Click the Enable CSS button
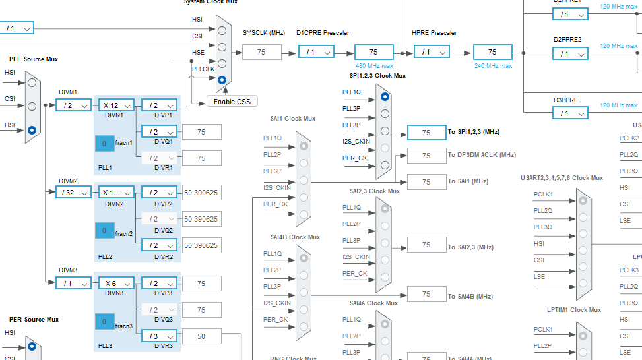pos(232,101)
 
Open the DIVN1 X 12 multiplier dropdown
pos(117,105)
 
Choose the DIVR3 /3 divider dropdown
pos(159,336)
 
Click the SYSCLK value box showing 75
pos(261,52)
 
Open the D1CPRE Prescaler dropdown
pos(317,52)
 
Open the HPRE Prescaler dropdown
pos(432,52)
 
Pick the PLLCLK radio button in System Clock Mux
pos(222,80)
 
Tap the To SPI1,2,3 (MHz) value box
pos(426,133)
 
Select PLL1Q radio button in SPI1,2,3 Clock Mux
pos(385,96)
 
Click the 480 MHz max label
pos(374,66)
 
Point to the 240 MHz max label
pos(493,66)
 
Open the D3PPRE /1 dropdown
pos(571,113)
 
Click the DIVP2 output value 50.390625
pos(201,192)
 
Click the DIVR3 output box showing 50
pos(201,336)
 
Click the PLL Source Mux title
pos(34,59)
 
